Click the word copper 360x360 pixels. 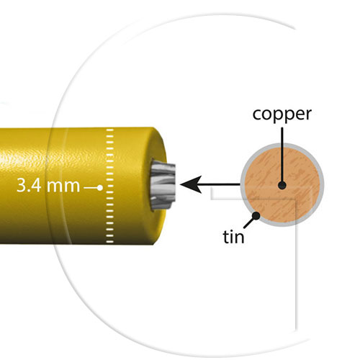coord(282,114)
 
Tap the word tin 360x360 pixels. coord(234,237)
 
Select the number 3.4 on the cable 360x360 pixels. coord(29,185)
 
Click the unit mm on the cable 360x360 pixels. coord(63,186)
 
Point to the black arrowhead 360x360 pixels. coord(191,184)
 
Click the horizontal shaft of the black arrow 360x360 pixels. coord(220,184)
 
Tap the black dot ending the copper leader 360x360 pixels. coord(282,185)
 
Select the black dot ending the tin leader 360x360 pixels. coord(256,216)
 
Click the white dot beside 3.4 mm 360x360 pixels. coord(100,188)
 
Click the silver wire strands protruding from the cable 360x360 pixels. coord(163,186)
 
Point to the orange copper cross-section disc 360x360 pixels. coord(282,184)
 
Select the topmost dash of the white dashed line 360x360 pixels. coord(109,130)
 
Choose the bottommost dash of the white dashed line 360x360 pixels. coord(109,242)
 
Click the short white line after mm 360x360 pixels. coord(90,188)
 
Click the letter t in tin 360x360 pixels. coord(226,237)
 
